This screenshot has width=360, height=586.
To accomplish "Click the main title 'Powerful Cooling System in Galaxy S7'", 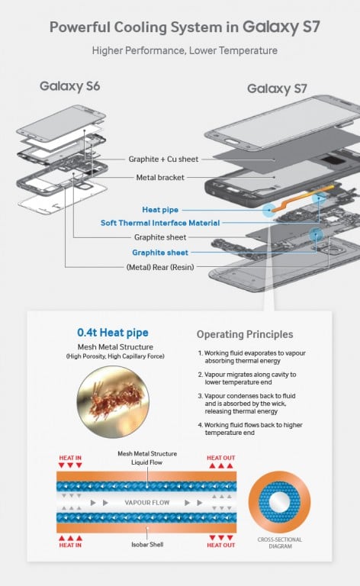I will click(x=180, y=27).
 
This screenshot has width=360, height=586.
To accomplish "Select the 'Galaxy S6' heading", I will click(x=70, y=85).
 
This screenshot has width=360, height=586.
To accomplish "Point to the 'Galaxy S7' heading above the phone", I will click(x=278, y=89).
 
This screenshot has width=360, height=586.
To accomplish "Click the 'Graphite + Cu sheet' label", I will click(x=165, y=159).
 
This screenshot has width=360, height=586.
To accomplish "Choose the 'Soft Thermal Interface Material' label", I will click(x=160, y=223).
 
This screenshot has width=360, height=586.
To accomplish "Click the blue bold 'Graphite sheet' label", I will click(x=160, y=253).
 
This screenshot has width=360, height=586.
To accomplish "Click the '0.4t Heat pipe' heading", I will click(x=114, y=333).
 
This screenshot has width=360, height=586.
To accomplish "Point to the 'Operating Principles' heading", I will click(x=243, y=334).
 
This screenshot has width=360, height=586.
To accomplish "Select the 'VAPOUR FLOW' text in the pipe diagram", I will click(x=147, y=503).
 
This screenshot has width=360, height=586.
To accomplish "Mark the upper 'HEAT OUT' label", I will click(x=221, y=458).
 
